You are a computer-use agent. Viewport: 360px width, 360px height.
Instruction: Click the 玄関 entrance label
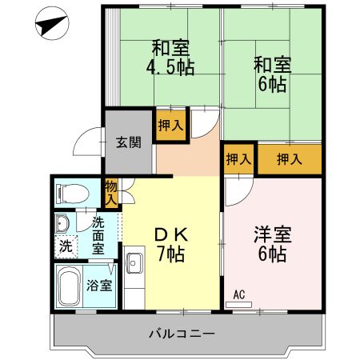click(x=128, y=143)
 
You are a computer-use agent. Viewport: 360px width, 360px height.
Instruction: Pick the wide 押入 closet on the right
click(x=288, y=159)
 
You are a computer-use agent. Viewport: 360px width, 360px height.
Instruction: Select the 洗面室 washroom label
click(x=98, y=234)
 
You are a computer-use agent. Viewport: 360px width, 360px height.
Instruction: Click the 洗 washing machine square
click(x=66, y=246)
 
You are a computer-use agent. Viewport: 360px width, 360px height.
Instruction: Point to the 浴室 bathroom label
click(x=98, y=285)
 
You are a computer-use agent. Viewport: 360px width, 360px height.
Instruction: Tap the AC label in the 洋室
click(x=238, y=294)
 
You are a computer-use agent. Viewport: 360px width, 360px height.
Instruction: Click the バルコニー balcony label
click(x=182, y=333)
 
